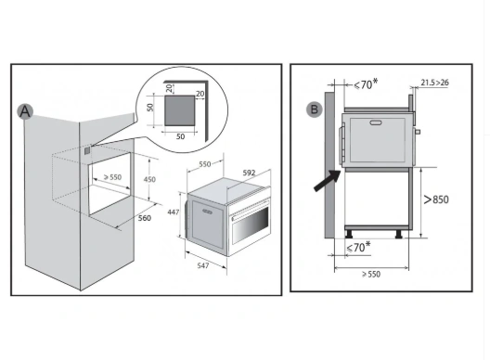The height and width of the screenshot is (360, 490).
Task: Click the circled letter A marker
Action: click(25, 111)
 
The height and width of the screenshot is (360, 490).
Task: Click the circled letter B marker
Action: click(314, 109)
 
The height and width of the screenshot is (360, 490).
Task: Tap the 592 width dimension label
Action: click(249, 173)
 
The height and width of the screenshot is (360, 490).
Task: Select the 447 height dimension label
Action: click(174, 212)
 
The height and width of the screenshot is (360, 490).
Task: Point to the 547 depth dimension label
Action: click(203, 265)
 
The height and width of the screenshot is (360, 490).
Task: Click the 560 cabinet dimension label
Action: click(145, 218)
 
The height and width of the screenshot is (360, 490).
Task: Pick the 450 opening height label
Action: click(149, 179)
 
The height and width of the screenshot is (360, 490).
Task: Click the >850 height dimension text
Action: click(436, 199)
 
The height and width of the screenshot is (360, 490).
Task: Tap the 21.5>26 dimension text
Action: click(434, 83)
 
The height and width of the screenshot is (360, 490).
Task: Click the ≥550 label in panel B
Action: click(371, 274)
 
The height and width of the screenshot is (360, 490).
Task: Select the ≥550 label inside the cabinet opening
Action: click(112, 177)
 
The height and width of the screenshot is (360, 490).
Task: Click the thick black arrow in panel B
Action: click(328, 180)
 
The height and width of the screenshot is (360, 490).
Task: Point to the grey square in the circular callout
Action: click(180, 110)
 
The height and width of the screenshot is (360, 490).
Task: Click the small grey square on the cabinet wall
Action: click(87, 151)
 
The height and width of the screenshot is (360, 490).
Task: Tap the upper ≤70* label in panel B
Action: click(366, 84)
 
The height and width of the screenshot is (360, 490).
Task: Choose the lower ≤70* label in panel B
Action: click(358, 247)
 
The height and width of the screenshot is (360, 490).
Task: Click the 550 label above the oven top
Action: click(205, 164)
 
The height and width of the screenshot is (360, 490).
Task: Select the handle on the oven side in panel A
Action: click(207, 212)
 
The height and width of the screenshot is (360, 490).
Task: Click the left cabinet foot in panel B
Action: click(349, 234)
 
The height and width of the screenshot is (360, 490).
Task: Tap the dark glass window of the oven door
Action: click(250, 225)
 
